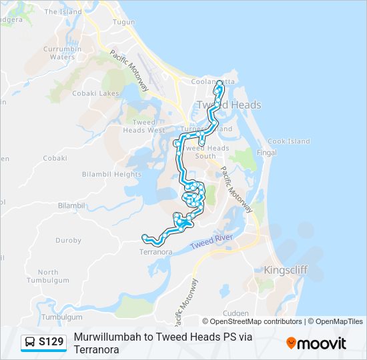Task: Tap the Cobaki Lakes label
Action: (100, 93)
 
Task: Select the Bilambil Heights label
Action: (111, 174)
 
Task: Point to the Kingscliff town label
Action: (287, 270)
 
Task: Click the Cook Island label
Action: (288, 141)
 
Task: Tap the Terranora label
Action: (155, 252)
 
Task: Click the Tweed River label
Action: (211, 242)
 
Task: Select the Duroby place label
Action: (67, 240)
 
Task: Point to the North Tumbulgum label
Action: (47, 277)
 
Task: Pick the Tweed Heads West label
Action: (144, 126)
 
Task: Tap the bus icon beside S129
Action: (30, 343)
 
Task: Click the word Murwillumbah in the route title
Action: (106, 337)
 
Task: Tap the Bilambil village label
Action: (72, 206)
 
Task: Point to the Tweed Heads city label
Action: (228, 105)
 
